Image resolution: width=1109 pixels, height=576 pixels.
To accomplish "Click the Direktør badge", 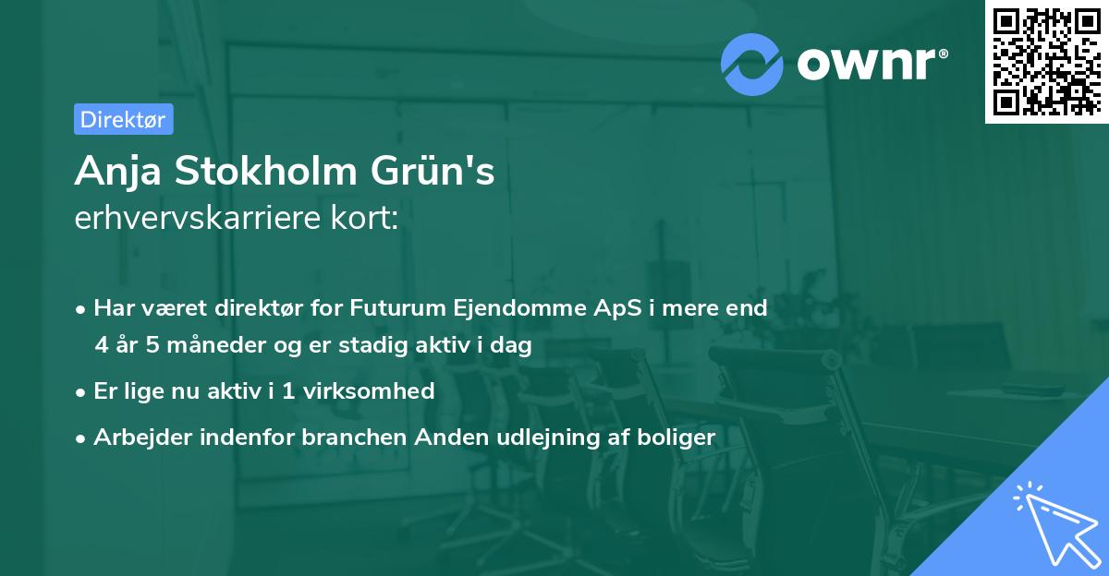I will click(x=123, y=119).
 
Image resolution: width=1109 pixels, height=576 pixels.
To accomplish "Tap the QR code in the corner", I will click(x=1047, y=62).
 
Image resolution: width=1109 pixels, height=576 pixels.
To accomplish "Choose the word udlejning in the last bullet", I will click(x=529, y=437).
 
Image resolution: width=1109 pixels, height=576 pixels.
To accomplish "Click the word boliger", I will click(x=673, y=437).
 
